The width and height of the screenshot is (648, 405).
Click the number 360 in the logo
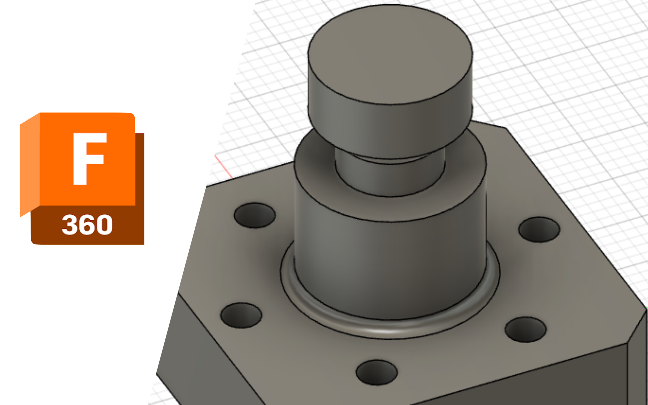click(x=87, y=225)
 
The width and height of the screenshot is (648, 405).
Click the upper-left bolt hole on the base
click(x=254, y=215)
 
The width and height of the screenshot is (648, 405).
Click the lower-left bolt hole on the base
click(x=241, y=315)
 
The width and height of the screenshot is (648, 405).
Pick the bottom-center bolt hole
click(x=377, y=372)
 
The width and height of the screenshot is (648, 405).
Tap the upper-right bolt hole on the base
click(x=539, y=230)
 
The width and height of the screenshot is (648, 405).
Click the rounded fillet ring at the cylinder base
click(x=389, y=331)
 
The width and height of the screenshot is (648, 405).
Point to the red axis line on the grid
click(x=224, y=166)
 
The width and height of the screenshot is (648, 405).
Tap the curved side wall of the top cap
click(x=389, y=129)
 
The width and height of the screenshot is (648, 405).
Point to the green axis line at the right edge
click(x=647, y=307)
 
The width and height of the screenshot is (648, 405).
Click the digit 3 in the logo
click(x=69, y=225)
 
